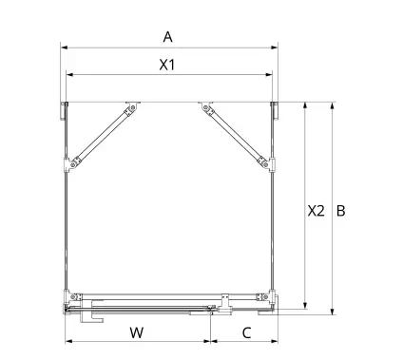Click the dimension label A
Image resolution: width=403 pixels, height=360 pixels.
click(x=167, y=37)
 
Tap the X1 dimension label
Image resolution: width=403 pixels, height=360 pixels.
click(x=167, y=65)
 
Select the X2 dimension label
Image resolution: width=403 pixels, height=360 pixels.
click(x=317, y=211)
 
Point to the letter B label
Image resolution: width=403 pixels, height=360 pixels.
click(x=340, y=211)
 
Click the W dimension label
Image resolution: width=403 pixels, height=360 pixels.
click(x=137, y=332)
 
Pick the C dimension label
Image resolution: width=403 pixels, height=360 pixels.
click(x=246, y=332)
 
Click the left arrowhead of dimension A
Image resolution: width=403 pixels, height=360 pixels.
click(x=64, y=47)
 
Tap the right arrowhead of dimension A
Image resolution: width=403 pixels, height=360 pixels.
click(x=275, y=47)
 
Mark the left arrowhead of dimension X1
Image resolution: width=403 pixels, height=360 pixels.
click(x=69, y=75)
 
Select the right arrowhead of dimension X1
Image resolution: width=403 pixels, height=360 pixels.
click(x=269, y=75)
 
